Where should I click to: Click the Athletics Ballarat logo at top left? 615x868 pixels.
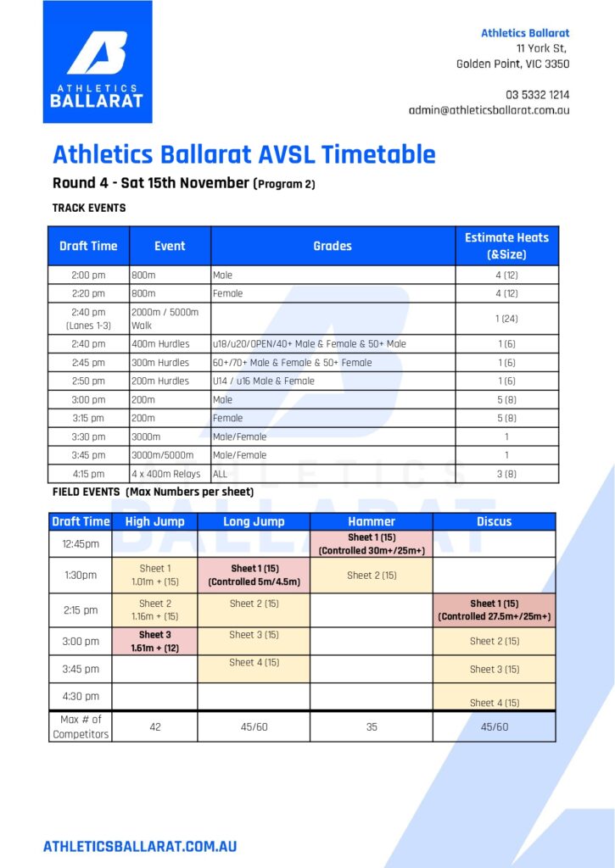(98, 61)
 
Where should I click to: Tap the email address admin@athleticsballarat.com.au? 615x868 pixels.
(489, 110)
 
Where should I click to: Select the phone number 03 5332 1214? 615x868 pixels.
(537, 95)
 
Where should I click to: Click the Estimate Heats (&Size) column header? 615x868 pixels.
(506, 246)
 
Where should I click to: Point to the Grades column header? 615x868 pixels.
(333, 246)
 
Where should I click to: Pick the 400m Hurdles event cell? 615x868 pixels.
(170, 344)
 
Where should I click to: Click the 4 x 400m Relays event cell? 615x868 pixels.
(170, 474)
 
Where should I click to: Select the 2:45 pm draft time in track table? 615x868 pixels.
(88, 363)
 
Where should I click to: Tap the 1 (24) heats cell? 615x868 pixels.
(506, 319)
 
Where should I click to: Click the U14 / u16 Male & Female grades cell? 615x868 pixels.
(333, 381)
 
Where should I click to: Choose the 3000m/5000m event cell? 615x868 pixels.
(170, 455)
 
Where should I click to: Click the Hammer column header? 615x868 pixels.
(372, 521)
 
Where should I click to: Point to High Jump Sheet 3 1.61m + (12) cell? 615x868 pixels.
(154, 641)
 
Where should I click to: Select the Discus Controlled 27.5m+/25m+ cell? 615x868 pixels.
(495, 610)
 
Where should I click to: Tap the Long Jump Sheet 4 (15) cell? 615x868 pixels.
(254, 669)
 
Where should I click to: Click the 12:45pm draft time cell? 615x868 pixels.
(81, 543)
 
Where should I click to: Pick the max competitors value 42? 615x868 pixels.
(154, 726)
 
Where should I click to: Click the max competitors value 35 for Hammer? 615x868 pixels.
(372, 726)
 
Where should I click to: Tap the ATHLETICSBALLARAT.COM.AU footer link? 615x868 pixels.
(140, 847)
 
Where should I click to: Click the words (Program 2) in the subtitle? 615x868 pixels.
(283, 184)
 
